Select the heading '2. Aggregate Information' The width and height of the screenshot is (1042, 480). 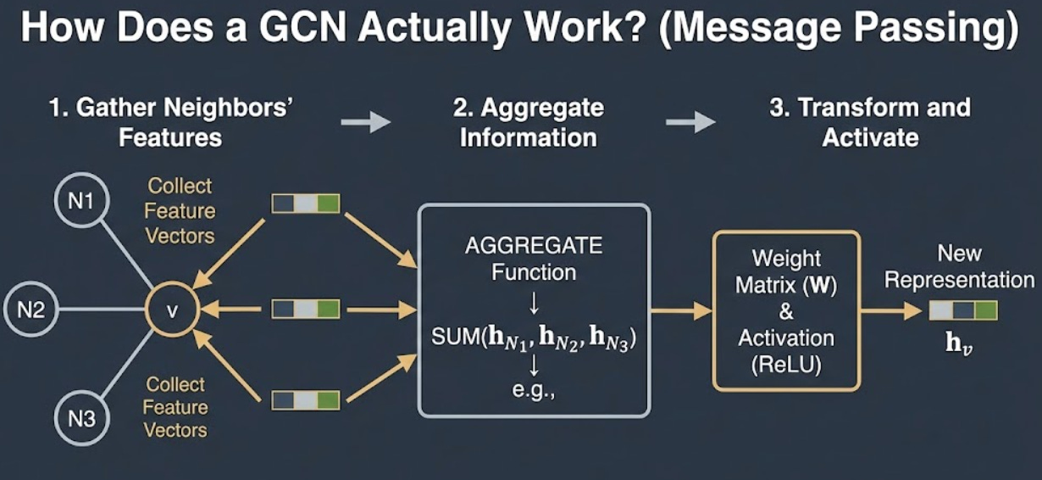click(x=528, y=122)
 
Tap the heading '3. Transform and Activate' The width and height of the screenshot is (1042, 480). click(x=870, y=122)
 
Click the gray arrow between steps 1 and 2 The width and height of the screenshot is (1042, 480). click(x=365, y=122)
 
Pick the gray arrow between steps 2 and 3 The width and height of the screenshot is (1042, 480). click(x=690, y=122)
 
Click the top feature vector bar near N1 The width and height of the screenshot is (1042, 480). click(x=305, y=204)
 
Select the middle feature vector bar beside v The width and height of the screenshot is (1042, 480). click(x=305, y=310)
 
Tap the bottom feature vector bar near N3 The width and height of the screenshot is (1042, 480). click(x=305, y=399)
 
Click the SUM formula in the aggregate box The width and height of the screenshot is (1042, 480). click(x=534, y=338)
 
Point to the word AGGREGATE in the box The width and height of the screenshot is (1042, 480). click(x=534, y=247)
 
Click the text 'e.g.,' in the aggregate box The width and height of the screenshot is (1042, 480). click(x=534, y=391)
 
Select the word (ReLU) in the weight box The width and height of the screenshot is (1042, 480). click(x=786, y=365)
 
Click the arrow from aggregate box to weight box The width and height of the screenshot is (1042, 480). click(x=681, y=311)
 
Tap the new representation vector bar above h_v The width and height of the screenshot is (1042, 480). click(x=962, y=311)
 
